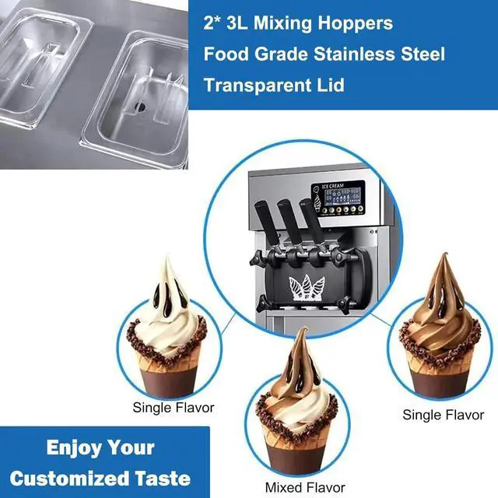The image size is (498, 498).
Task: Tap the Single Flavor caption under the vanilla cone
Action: click(174, 407)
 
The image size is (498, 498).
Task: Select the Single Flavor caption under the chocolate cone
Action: click(443, 415)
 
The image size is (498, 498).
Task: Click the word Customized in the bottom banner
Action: click(62, 477)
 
